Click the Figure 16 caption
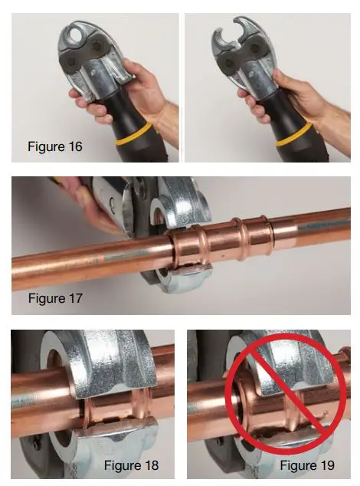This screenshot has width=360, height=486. (54, 146)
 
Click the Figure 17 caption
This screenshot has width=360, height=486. (54, 297)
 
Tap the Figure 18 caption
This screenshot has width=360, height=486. (133, 465)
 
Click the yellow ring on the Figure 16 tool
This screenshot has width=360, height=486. (142, 141)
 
